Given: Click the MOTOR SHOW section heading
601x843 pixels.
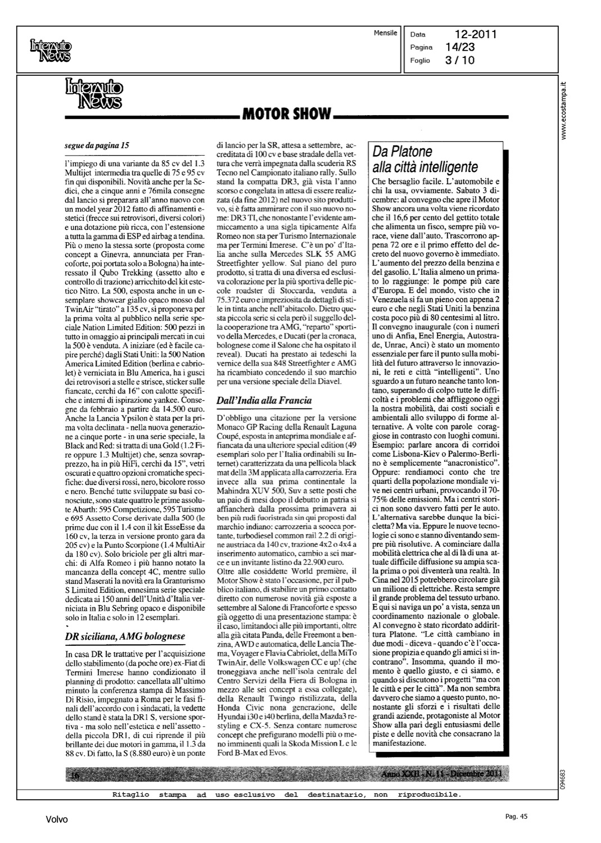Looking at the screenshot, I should (x=286, y=114).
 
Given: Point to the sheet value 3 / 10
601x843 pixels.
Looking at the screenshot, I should (x=459, y=60).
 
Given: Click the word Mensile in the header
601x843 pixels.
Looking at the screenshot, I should (x=385, y=33).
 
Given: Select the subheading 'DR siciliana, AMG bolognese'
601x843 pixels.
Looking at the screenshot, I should (x=125, y=636).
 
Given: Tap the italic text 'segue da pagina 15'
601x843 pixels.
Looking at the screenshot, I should (x=97, y=145).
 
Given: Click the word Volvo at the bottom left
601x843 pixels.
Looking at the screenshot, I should (x=57, y=820).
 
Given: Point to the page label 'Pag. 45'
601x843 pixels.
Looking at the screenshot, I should (x=516, y=817).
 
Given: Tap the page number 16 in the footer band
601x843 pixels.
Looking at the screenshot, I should (x=76, y=776).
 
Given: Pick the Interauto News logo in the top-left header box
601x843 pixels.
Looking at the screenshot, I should (x=51, y=51).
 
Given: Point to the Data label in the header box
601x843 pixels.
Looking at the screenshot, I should (x=419, y=35).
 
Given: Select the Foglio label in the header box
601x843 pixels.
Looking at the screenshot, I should (x=421, y=60).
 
